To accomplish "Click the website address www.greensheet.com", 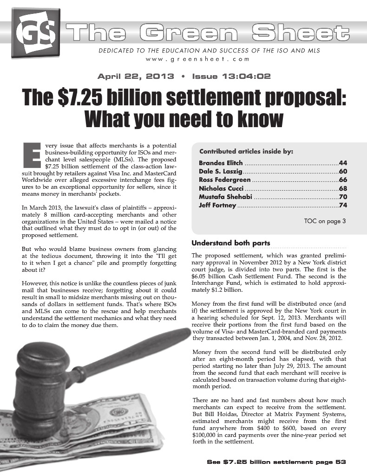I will click(197, 59).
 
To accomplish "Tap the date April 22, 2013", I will click(135, 76).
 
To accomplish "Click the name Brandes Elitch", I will click(221, 163).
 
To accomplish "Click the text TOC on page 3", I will click(325, 221).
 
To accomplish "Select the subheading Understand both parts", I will click(231, 243).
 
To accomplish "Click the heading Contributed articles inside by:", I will click(246, 151).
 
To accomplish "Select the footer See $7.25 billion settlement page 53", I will click(277, 462).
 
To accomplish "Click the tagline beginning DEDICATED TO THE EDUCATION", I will click(210, 50).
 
